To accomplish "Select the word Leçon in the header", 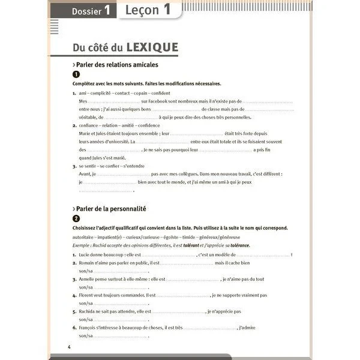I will (142, 10).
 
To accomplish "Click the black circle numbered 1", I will (76, 74).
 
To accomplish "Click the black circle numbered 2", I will (76, 218).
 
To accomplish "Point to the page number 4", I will (70, 348).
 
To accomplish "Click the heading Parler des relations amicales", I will (115, 64).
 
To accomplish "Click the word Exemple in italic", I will (83, 246).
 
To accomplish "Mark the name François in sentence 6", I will (91, 328).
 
